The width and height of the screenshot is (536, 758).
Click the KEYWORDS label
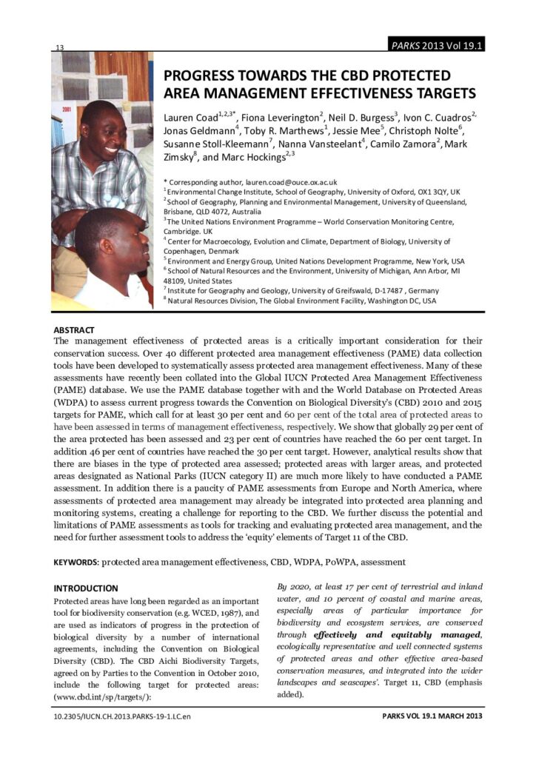coord(77,562)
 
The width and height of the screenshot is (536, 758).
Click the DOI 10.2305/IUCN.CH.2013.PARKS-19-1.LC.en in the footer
coord(118,717)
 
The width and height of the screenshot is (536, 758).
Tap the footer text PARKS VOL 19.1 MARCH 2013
coord(432,717)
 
